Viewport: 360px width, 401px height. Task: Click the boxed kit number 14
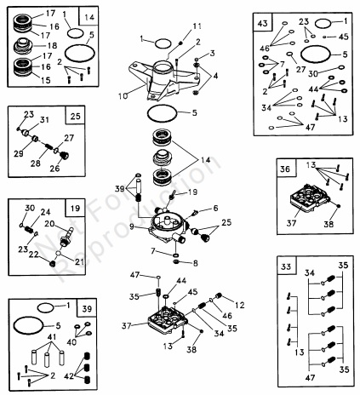point(89,17)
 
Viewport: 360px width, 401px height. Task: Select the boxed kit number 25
point(75,116)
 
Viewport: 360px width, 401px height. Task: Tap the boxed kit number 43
point(262,23)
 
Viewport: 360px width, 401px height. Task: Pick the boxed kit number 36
point(285,169)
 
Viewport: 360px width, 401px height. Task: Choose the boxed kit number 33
point(286,266)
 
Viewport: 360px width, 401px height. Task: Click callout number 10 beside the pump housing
point(123,96)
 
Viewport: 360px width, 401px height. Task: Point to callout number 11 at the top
point(197,26)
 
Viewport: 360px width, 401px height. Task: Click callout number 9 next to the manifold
point(132,226)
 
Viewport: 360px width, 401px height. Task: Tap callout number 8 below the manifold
point(195,263)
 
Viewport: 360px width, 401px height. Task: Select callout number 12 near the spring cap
point(240,305)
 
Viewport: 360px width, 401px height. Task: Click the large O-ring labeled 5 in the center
point(162,114)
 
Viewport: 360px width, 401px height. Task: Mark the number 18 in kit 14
point(52,45)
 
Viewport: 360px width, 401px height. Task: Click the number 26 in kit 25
point(54,168)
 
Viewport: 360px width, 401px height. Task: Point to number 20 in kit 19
point(49,224)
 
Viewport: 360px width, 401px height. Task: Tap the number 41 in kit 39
point(52,337)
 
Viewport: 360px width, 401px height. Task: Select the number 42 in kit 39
point(69,376)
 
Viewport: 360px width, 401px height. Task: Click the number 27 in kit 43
point(300,69)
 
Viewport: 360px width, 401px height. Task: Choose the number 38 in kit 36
point(329,224)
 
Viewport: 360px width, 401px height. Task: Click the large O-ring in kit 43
point(316,54)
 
